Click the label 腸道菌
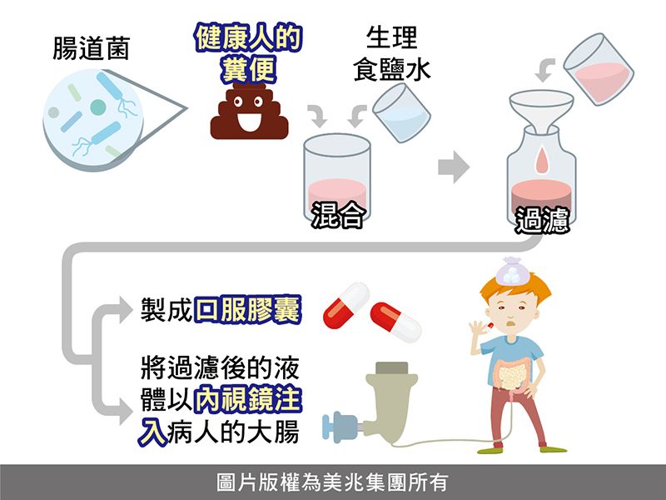pos(91,48)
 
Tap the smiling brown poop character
pos(249,112)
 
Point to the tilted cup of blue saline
pos(401,112)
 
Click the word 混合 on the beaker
pos(338,215)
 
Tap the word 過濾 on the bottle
pos(542,220)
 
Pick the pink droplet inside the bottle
pos(542,160)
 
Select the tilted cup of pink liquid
pos(599,69)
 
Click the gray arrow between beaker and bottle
pos(453,167)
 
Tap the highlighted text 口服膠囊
pos(247,309)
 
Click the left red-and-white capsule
pos(345,306)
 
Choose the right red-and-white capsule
pos(395,322)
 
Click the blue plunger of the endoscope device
pos(340,427)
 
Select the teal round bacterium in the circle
pos(97,107)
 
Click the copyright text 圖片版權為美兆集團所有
pos(332,482)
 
